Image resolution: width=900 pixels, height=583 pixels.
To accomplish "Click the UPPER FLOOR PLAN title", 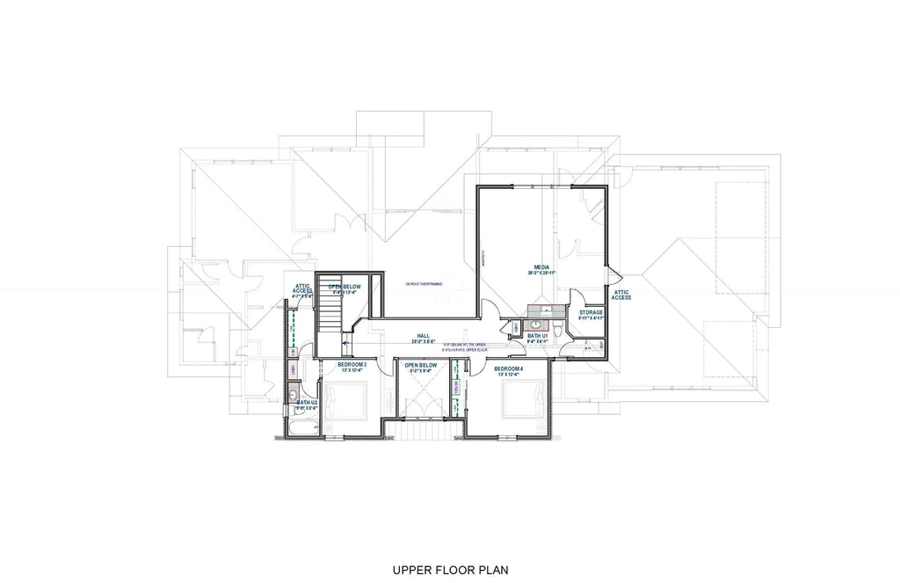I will click(450, 570).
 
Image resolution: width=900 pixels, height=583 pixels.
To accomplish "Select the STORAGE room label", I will click(591, 312).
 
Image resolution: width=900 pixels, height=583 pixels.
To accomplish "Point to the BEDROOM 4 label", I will click(508, 368).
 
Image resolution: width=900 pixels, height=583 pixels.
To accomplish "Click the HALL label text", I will click(423, 336).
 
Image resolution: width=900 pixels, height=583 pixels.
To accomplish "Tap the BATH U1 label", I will click(537, 336).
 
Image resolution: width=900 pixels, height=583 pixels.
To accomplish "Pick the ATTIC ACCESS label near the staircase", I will click(302, 289).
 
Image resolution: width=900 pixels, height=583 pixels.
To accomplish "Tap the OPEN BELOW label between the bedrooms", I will click(421, 365).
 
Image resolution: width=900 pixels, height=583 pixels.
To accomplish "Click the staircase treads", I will click(329, 311).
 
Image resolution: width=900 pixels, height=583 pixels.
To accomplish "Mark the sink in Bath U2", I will click(294, 397).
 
